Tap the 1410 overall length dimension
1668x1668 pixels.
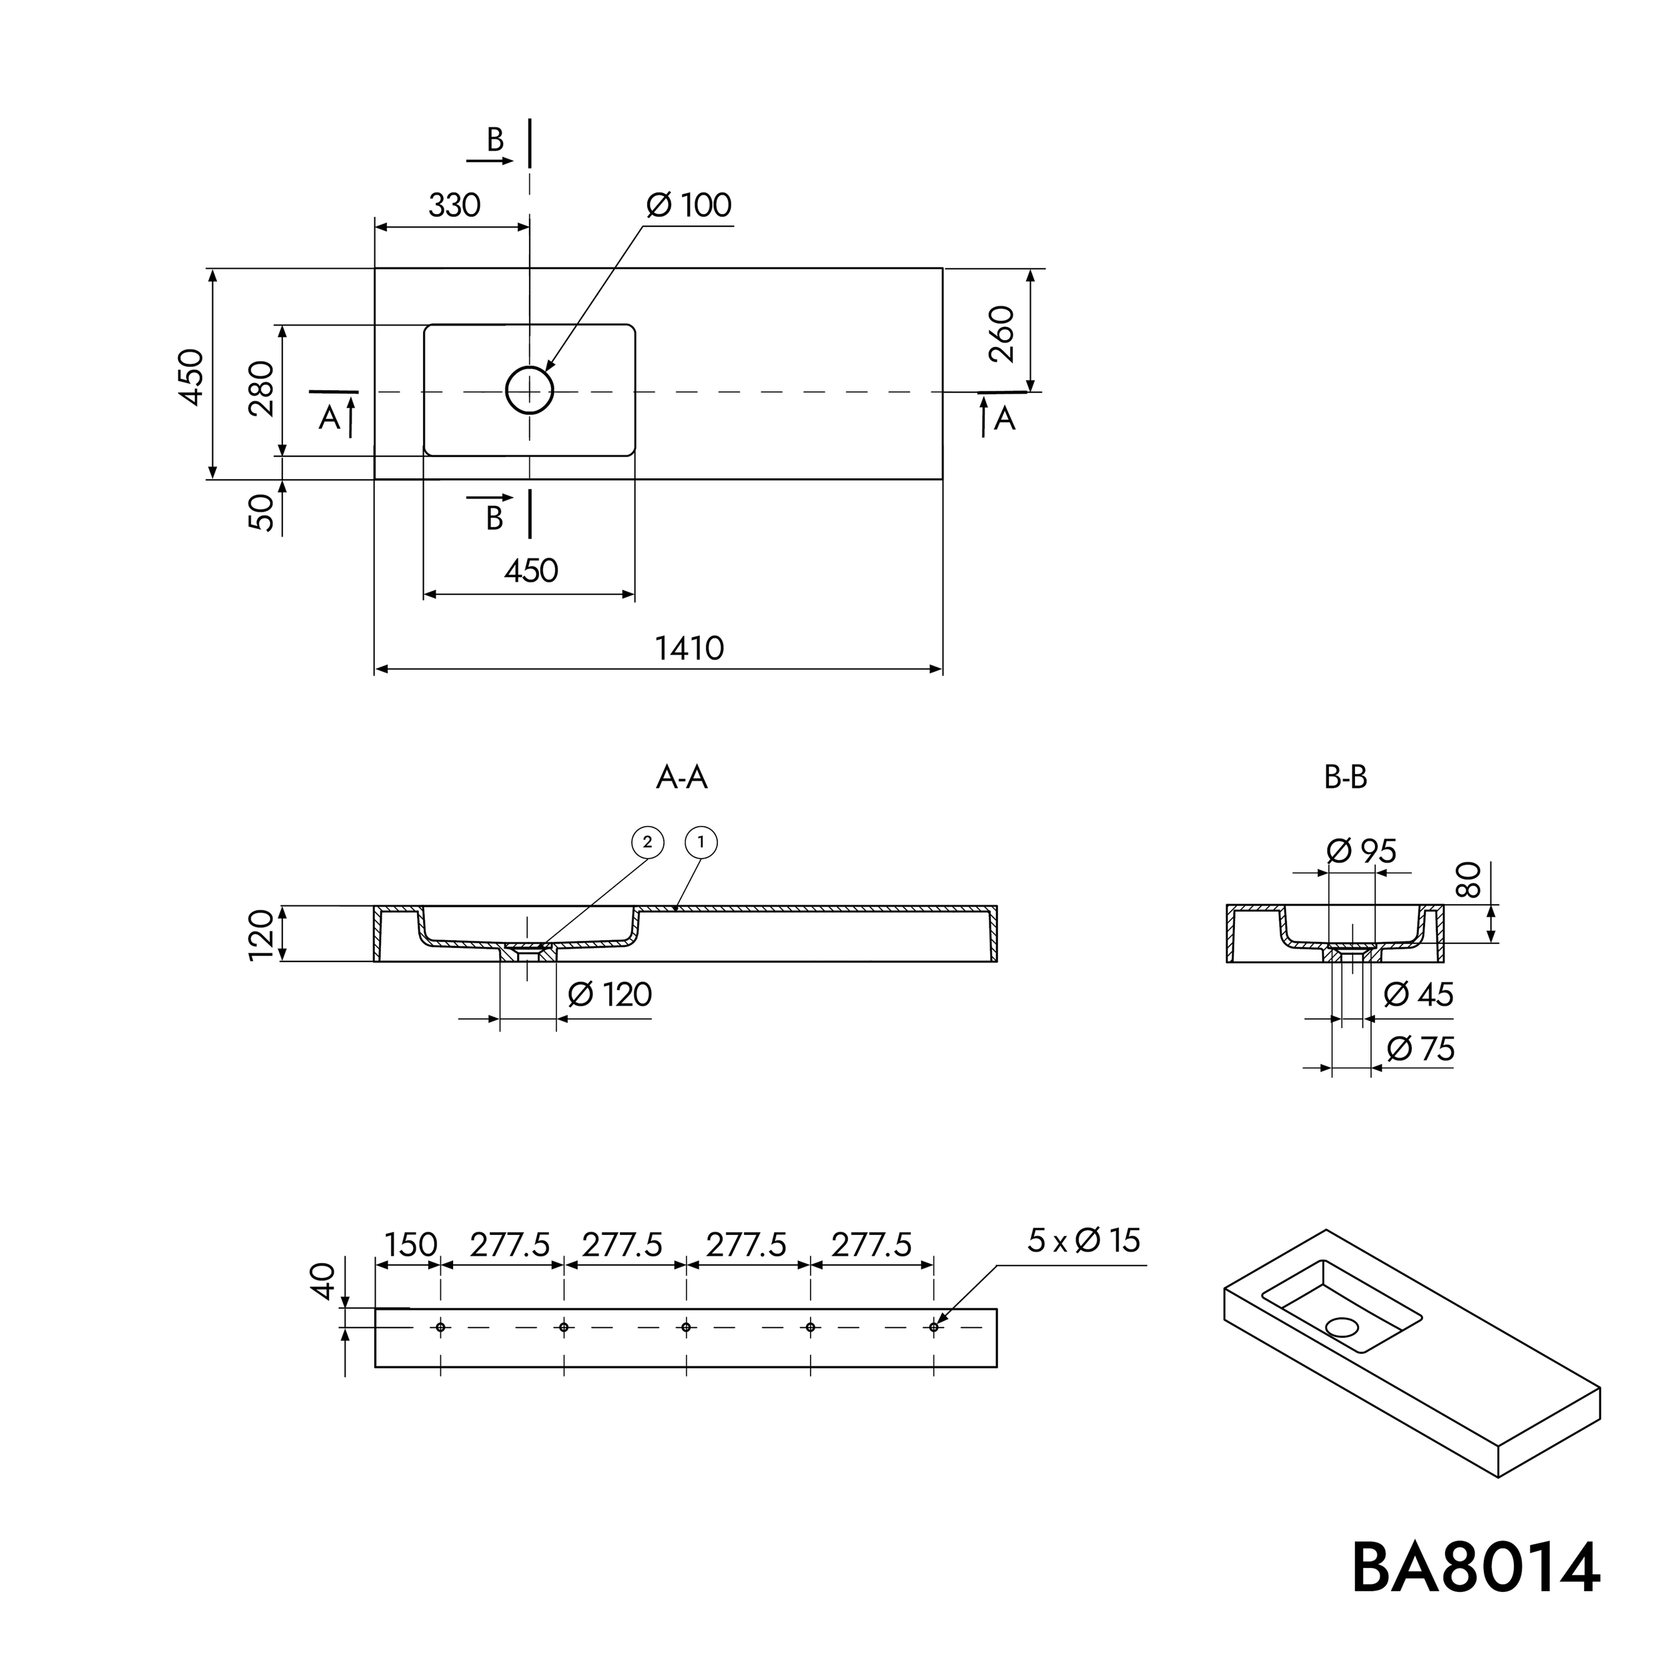click(689, 649)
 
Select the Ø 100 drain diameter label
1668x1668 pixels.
click(688, 205)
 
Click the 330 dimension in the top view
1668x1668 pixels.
click(454, 205)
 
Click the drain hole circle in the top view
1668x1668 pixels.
click(529, 391)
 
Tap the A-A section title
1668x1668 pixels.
click(681, 778)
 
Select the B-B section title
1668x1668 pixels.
click(1345, 778)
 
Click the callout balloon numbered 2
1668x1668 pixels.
click(647, 843)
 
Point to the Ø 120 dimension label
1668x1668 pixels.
click(610, 995)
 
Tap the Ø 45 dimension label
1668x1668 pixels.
click(1418, 995)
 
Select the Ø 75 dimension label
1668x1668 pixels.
click(1421, 1049)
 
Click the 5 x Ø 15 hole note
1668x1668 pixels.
click(1084, 1240)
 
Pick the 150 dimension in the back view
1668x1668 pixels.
click(411, 1245)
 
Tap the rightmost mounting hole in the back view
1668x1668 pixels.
click(933, 1327)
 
